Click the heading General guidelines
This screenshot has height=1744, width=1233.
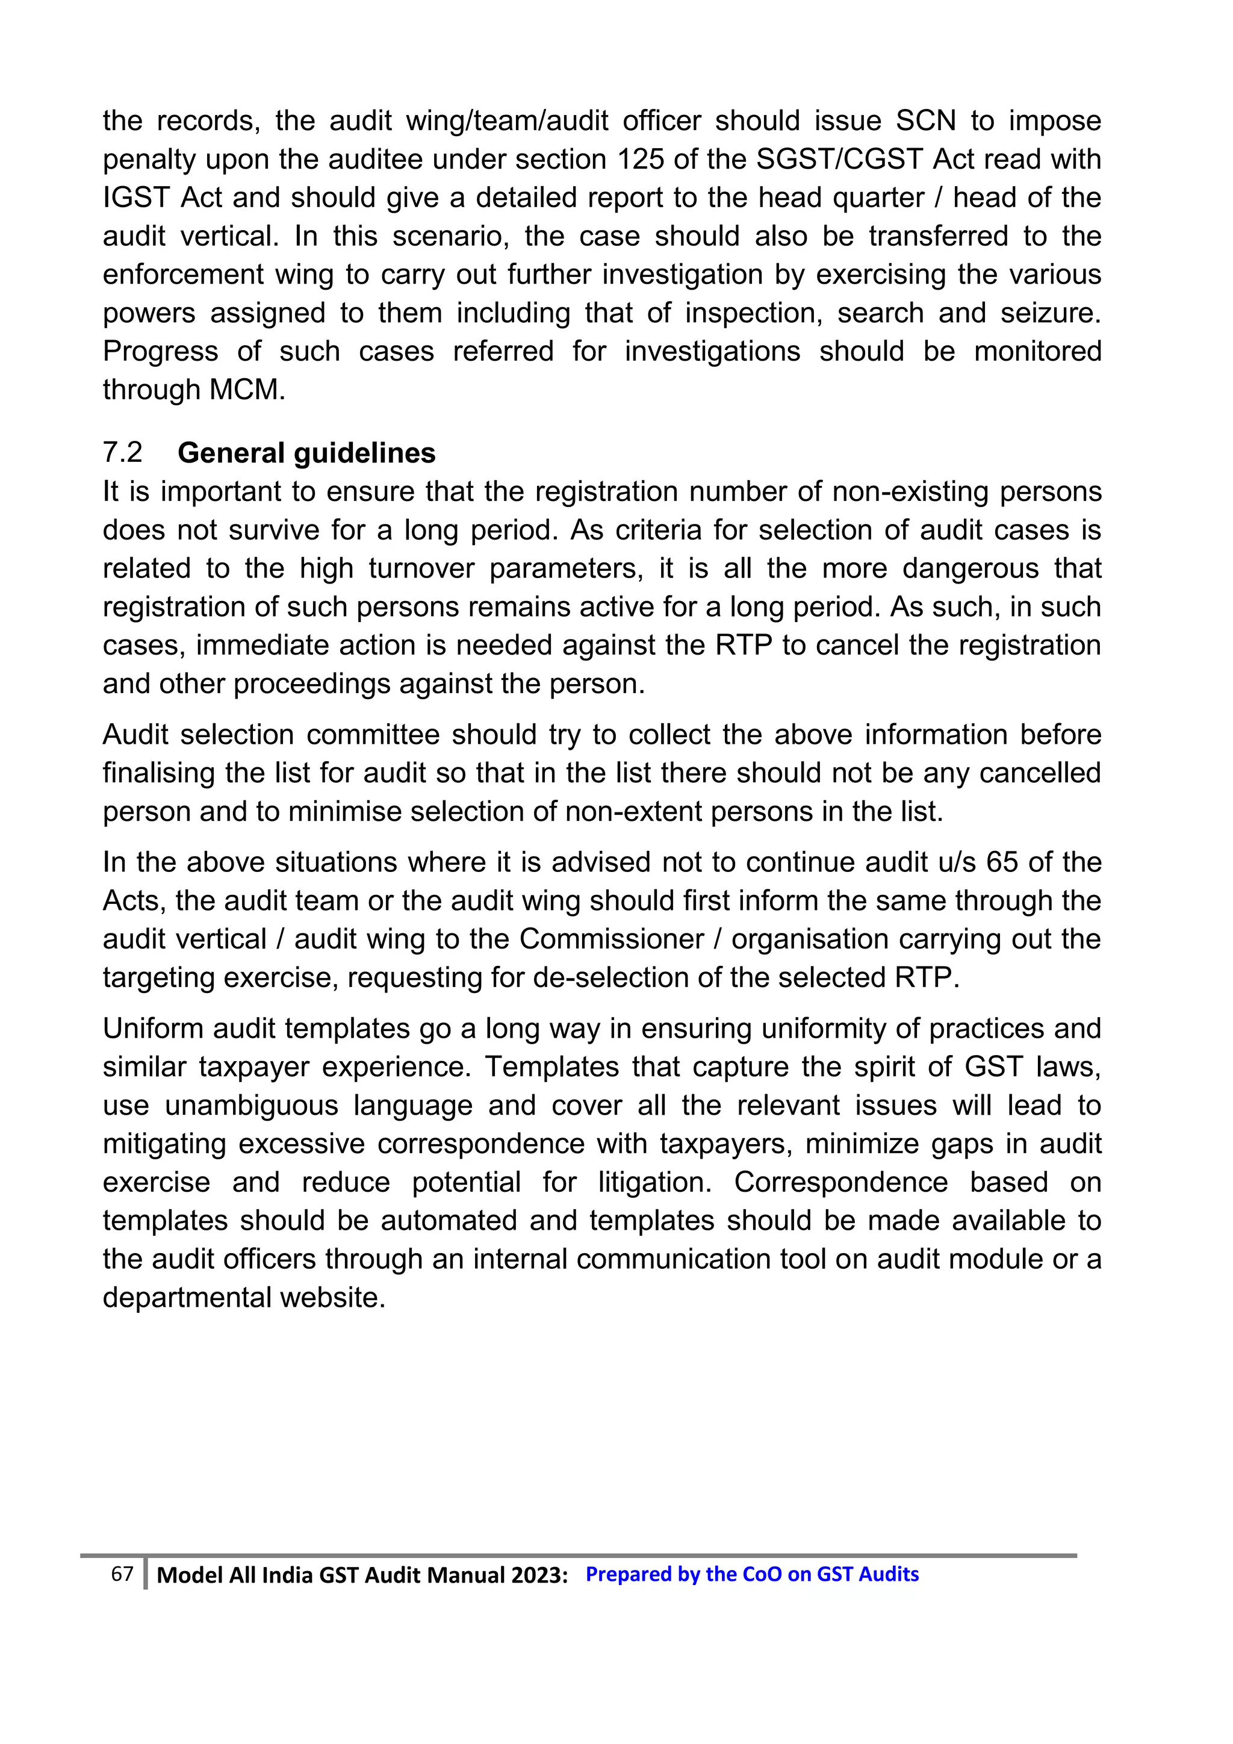coord(306,453)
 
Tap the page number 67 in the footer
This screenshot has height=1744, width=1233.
coord(122,1573)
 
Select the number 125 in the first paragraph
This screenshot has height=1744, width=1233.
coord(641,160)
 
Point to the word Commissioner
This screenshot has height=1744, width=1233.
coord(611,939)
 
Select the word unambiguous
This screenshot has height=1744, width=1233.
coord(251,1105)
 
